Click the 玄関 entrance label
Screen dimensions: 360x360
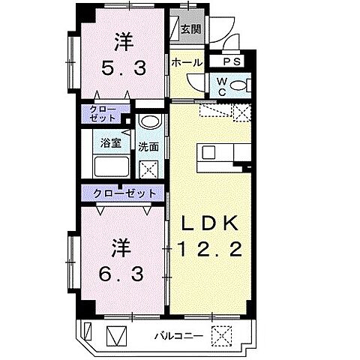(x=190, y=30)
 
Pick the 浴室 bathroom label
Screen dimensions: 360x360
(x=105, y=142)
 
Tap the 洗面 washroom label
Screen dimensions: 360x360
(x=148, y=147)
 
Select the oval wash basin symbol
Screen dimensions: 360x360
(x=149, y=124)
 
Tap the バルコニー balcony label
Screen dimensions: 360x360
(x=171, y=334)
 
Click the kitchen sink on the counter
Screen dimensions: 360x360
(x=208, y=154)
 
